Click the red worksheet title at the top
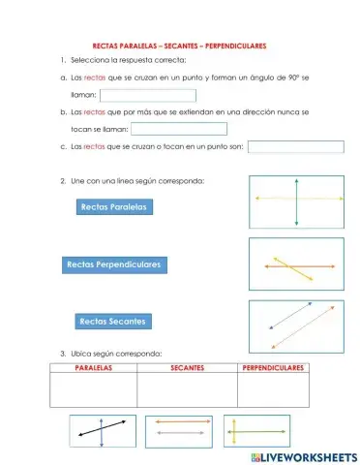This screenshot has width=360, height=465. pos(178,46)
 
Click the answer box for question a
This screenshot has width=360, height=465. pos(147,96)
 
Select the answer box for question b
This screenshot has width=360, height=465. pos(178,129)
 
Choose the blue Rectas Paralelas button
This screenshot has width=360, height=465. pos(115,206)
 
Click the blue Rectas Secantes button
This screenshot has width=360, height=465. pos(113,320)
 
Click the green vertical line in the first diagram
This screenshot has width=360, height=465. pos(296,200)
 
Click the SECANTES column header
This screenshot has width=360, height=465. pos(187,369)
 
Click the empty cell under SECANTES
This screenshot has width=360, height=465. pos(187,390)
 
